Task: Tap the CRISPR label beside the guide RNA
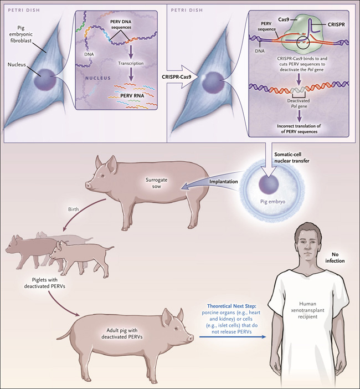click(336, 24)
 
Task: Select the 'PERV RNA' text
click(132, 95)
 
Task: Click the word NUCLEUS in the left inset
click(98, 78)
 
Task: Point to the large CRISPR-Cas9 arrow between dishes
click(183, 76)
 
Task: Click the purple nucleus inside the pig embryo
click(269, 185)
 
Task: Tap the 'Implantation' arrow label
click(223, 182)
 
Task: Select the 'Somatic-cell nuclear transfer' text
click(291, 157)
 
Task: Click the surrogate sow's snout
click(88, 185)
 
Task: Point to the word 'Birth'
click(74, 209)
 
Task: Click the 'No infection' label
click(335, 258)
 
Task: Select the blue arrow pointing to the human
click(233, 337)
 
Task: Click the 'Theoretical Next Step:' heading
click(232, 306)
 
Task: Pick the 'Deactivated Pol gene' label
click(299, 104)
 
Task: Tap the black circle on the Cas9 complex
click(304, 42)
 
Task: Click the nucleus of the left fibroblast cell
click(45, 80)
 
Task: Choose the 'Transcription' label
click(131, 63)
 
